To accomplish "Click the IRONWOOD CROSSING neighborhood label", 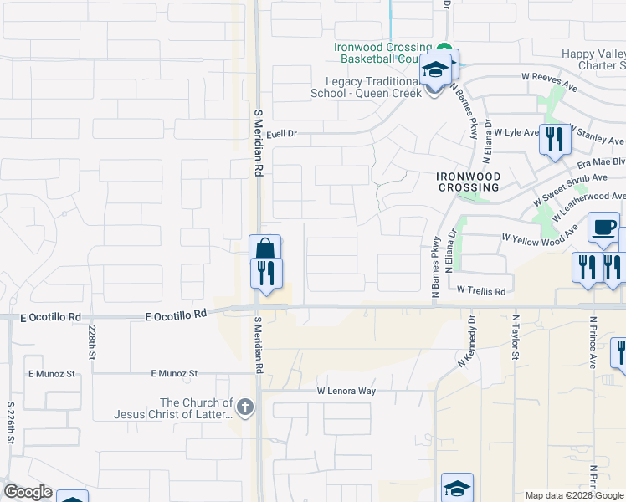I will pyautogui.click(x=469, y=182).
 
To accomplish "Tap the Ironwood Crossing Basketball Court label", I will pyautogui.click(x=383, y=54).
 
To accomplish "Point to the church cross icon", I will pyautogui.click(x=244, y=407).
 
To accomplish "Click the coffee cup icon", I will pyautogui.click(x=603, y=227).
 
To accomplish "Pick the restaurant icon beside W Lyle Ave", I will pyautogui.click(x=552, y=139).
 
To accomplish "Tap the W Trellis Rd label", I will pyautogui.click(x=481, y=291).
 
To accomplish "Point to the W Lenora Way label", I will pyautogui.click(x=346, y=391).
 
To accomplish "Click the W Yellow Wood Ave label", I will pyautogui.click(x=540, y=234).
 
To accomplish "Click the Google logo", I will pyautogui.click(x=28, y=492).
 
